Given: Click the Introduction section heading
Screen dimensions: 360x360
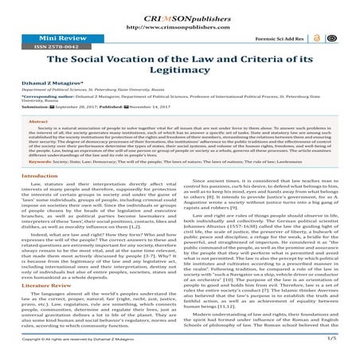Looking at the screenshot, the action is coord(27,198).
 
